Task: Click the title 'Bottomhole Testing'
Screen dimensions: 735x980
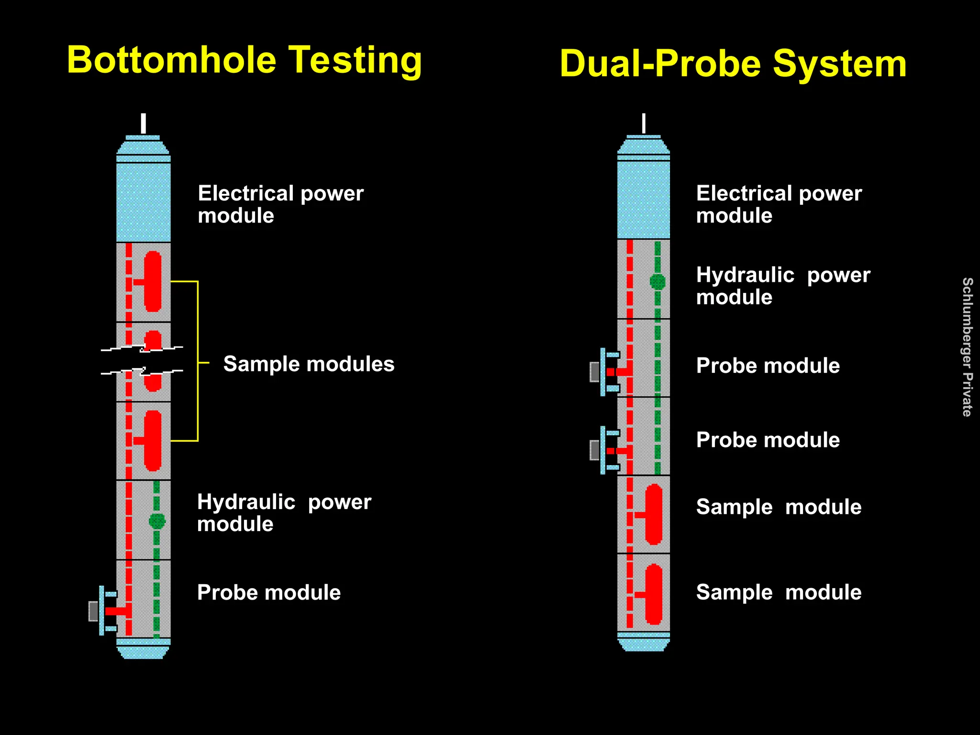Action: click(x=244, y=60)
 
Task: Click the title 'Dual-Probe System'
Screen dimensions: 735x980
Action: click(x=733, y=64)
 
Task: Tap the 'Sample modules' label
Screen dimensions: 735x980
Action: click(x=309, y=364)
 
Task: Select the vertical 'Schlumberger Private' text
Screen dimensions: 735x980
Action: click(x=967, y=347)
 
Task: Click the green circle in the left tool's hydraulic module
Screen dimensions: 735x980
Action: click(x=157, y=521)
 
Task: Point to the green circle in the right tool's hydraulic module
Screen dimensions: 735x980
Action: click(x=657, y=281)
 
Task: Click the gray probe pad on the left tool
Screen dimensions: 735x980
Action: click(x=93, y=611)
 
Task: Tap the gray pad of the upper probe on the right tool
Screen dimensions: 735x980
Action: click(x=594, y=372)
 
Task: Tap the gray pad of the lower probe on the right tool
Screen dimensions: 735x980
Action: click(x=594, y=450)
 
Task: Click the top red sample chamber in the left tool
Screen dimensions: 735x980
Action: click(x=153, y=281)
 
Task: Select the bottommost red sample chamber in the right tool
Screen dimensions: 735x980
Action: click(x=654, y=594)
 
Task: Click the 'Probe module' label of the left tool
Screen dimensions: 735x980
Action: click(x=269, y=592)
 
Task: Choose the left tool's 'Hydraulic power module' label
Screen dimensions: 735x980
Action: click(x=284, y=513)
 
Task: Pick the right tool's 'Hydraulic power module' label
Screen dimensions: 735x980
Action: click(x=783, y=286)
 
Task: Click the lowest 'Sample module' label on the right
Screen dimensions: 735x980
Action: click(x=779, y=592)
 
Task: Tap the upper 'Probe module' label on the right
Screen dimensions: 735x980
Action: click(x=768, y=366)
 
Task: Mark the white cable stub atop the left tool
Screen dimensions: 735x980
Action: click(x=143, y=123)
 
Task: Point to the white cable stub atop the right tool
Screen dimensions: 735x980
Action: click(x=644, y=123)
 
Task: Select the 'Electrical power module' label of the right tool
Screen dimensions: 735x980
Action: click(x=779, y=204)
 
